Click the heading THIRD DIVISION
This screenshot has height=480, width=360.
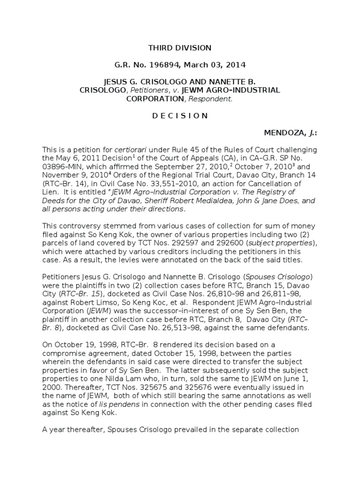[180, 48]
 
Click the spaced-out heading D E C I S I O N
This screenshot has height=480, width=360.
[180, 116]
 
